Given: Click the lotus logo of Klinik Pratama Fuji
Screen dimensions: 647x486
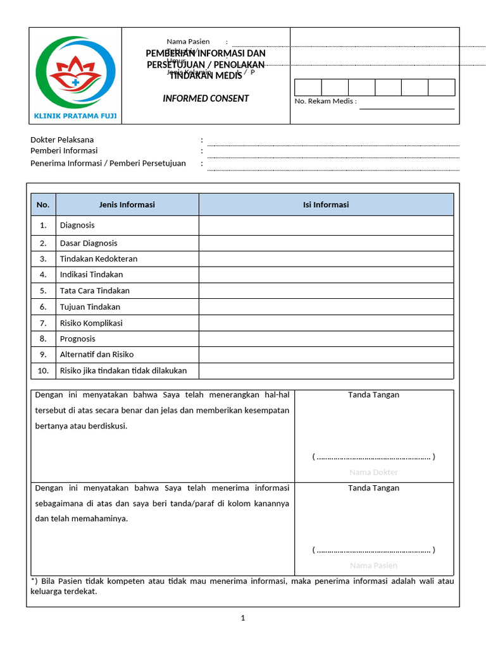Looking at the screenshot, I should [x=75, y=75].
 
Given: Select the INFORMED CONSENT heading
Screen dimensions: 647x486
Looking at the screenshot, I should [x=206, y=99].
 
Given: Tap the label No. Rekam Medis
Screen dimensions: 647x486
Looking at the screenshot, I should [x=325, y=101].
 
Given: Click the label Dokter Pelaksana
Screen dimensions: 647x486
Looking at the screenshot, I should [x=62, y=140].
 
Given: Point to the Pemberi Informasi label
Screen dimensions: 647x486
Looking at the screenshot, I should [x=64, y=151].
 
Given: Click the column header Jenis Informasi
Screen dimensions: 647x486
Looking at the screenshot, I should [x=127, y=205].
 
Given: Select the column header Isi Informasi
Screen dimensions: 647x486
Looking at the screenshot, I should [x=326, y=205].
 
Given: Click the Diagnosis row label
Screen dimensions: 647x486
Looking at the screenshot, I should [x=77, y=225].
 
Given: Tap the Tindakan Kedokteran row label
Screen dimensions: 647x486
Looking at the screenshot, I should [x=98, y=258].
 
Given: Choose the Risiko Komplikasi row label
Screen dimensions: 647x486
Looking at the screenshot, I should [x=91, y=323].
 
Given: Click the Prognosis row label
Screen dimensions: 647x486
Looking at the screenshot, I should [x=77, y=339].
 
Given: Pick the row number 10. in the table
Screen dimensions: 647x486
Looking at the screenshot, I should [x=43, y=371].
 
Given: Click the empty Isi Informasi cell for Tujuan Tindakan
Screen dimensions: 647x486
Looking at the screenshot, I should [x=326, y=307].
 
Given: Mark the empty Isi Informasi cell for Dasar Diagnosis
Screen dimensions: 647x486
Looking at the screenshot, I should [x=326, y=243].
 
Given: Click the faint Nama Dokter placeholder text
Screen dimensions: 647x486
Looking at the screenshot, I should [x=373, y=473].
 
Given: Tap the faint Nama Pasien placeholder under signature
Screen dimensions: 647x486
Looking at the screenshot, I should [x=373, y=565].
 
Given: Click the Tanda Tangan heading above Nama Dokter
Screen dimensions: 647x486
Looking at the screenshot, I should [x=373, y=395].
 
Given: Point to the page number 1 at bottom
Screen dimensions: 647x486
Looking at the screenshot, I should [x=243, y=618].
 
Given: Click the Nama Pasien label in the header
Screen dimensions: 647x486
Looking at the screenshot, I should [x=188, y=42].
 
